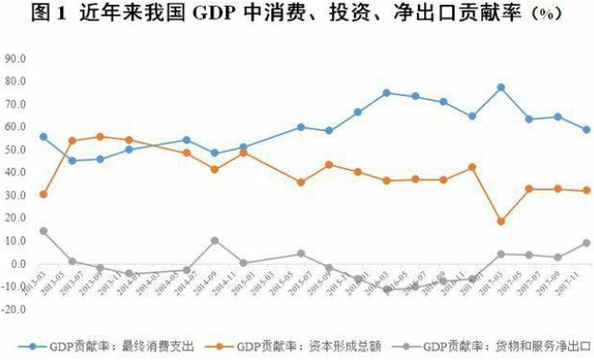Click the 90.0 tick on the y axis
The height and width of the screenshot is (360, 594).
[x=16, y=57]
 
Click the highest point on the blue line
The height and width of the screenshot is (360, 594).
[x=501, y=88]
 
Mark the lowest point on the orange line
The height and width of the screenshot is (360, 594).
[x=501, y=222]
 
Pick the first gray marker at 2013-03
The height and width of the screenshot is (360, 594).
[x=43, y=231]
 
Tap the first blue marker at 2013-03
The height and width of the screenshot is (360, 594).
[x=43, y=137]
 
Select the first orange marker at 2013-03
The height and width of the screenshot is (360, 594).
[x=43, y=195]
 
